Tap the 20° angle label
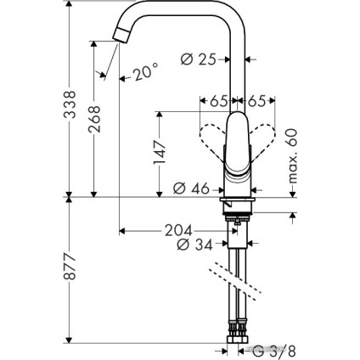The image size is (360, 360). (144, 74)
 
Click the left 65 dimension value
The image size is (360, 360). (217, 101)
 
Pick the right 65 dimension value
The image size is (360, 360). (257, 101)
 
